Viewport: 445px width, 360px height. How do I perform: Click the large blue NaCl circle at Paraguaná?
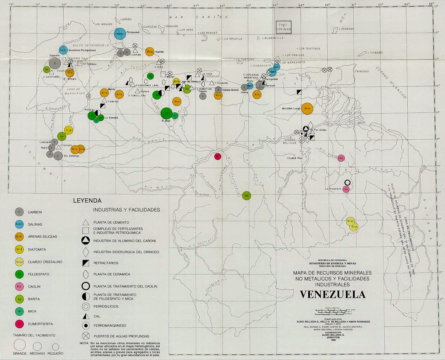click(x=120, y=34)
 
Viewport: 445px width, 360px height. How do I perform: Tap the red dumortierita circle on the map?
click(x=218, y=156)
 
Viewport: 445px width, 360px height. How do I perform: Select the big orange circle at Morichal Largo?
click(x=307, y=109)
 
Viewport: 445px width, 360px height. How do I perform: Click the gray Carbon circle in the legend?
click(x=20, y=212)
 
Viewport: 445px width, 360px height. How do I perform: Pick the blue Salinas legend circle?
click(x=20, y=224)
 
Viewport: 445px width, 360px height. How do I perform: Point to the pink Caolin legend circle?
click(x=20, y=286)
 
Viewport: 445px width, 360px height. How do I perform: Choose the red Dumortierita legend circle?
click(x=20, y=324)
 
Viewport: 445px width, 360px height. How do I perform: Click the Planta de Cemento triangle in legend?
click(x=86, y=222)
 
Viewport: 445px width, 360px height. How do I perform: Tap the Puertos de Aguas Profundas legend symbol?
click(x=86, y=336)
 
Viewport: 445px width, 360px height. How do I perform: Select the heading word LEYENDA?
click(x=87, y=201)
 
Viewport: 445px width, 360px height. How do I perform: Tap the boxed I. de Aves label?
click(x=284, y=27)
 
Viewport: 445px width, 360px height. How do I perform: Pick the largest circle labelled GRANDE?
click(x=20, y=345)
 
